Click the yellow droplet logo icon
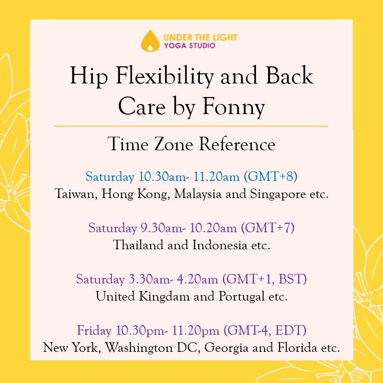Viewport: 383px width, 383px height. tap(150, 41)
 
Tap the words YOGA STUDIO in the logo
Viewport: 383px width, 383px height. tap(190, 46)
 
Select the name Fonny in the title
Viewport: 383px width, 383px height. tap(233, 108)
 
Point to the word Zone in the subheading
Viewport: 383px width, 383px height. tap(174, 144)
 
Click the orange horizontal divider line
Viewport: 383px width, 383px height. tap(191, 126)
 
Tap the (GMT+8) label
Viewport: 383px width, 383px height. tap(271, 176)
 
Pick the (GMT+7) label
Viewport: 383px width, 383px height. tap(268, 228)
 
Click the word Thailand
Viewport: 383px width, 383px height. tap(138, 245)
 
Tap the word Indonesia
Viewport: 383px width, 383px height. tap(220, 245)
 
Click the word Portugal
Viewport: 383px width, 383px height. tap(241, 297)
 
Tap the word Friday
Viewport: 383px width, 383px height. tap(94, 331)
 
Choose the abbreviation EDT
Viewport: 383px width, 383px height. tap(291, 330)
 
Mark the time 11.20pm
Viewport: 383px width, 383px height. tap(195, 331)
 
